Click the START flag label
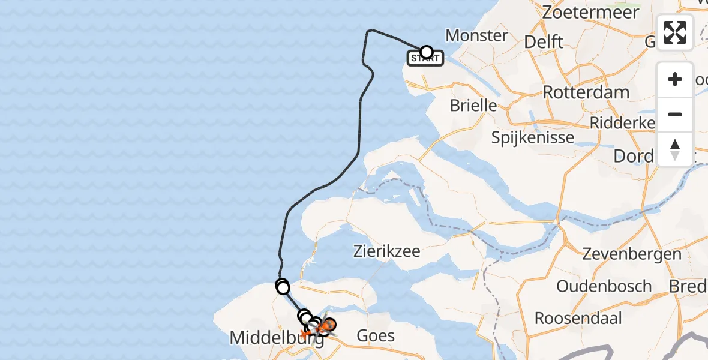click(425, 59)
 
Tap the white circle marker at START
click(427, 52)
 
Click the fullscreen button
click(675, 32)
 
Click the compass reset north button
click(675, 149)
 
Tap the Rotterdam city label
click(586, 92)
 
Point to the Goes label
click(376, 335)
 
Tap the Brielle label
click(474, 106)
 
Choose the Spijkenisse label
click(533, 137)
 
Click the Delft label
click(544, 41)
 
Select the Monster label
click(477, 35)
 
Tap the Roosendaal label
click(578, 317)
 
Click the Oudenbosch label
click(604, 286)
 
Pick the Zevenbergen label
click(632, 254)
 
